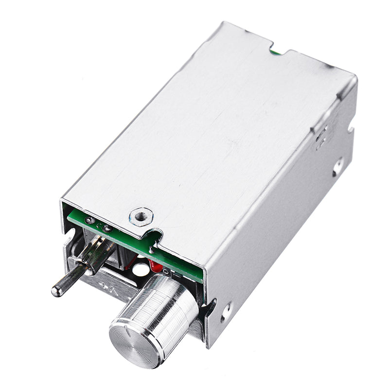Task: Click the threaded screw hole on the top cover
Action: [141, 216]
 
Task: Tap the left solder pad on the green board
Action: [89, 220]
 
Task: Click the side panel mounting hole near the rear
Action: [338, 167]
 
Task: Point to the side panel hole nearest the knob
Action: [226, 312]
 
